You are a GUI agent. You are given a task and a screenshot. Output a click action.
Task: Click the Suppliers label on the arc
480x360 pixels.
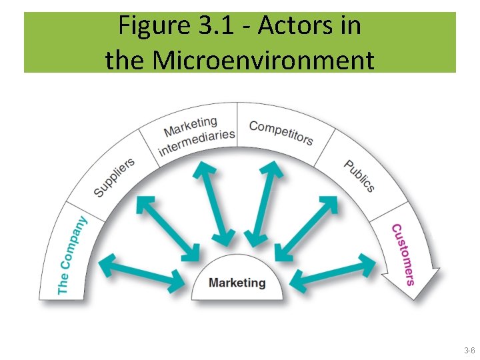tap(114, 177)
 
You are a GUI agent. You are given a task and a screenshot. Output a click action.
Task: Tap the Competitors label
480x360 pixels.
tap(281, 131)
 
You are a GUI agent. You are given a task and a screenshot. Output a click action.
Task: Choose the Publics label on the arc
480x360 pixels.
tap(359, 175)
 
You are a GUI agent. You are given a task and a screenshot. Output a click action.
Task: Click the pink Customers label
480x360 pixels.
tap(403, 254)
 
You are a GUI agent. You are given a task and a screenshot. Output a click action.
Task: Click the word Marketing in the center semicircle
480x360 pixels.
tap(237, 283)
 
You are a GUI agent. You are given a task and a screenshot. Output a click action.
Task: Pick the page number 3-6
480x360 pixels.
tap(469, 350)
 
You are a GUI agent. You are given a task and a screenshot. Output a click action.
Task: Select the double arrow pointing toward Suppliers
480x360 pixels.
tap(167, 226)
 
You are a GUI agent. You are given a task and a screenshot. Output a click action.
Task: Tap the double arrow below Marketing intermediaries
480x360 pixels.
tap(213, 203)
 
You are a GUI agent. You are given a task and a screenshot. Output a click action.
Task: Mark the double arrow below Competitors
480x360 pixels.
tap(263, 203)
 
